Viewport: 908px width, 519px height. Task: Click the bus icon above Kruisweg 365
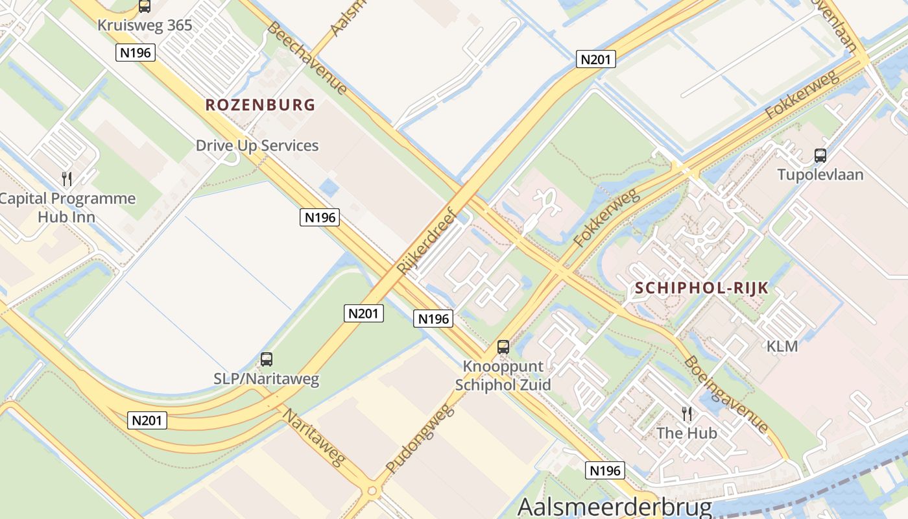point(145,6)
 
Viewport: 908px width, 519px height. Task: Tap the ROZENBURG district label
point(260,104)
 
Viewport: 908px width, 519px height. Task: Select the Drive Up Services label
point(257,145)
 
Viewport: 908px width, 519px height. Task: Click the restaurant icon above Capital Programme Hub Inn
point(67,179)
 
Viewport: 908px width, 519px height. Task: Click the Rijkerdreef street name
point(427,241)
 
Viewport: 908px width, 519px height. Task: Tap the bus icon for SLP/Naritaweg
point(267,359)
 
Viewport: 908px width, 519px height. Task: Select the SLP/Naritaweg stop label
point(267,379)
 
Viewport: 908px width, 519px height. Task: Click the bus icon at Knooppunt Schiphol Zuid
point(503,347)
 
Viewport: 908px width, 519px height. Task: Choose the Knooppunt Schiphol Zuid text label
point(503,375)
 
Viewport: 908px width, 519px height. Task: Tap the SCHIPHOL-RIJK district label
point(702,288)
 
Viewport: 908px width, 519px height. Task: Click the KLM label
point(782,346)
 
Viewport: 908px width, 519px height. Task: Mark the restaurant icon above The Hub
point(687,413)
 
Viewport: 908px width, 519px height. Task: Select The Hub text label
point(686,433)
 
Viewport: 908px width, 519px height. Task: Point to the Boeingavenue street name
point(726,394)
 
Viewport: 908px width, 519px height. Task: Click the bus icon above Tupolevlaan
point(820,156)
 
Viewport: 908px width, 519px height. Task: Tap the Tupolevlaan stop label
point(820,175)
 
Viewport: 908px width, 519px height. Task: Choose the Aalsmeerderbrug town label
point(615,507)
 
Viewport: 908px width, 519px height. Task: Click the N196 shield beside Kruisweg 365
point(136,53)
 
